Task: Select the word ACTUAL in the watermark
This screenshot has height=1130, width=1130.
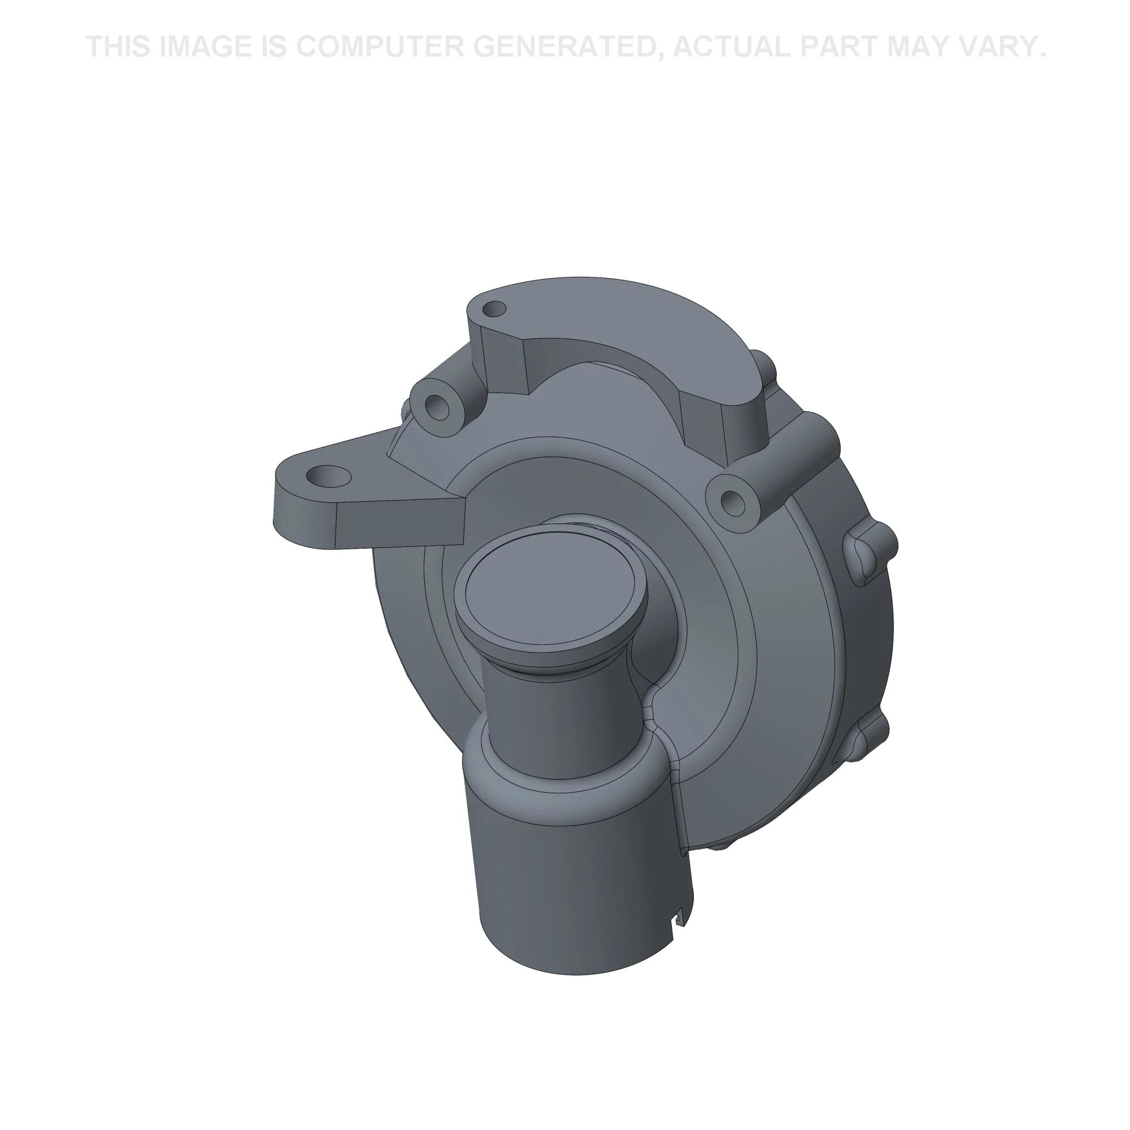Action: point(731,47)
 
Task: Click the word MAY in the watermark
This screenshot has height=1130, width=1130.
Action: point(920,47)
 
